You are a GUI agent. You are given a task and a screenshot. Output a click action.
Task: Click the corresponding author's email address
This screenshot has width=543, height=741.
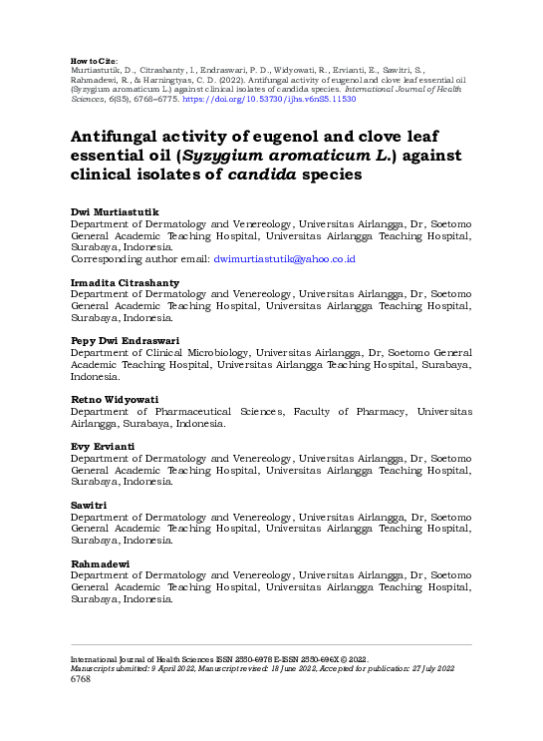285,259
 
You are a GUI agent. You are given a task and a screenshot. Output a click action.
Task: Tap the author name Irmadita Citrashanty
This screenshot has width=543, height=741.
119,283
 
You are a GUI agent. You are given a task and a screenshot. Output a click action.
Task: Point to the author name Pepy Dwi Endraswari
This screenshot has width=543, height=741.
125,341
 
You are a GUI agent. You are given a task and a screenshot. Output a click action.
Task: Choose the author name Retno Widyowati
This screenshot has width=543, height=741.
113,399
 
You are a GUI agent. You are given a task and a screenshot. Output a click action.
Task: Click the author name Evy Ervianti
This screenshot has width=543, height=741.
103,446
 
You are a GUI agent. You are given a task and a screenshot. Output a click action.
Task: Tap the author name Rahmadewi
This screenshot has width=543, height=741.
100,563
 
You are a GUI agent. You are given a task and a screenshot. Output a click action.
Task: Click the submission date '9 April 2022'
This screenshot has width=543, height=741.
168,668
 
